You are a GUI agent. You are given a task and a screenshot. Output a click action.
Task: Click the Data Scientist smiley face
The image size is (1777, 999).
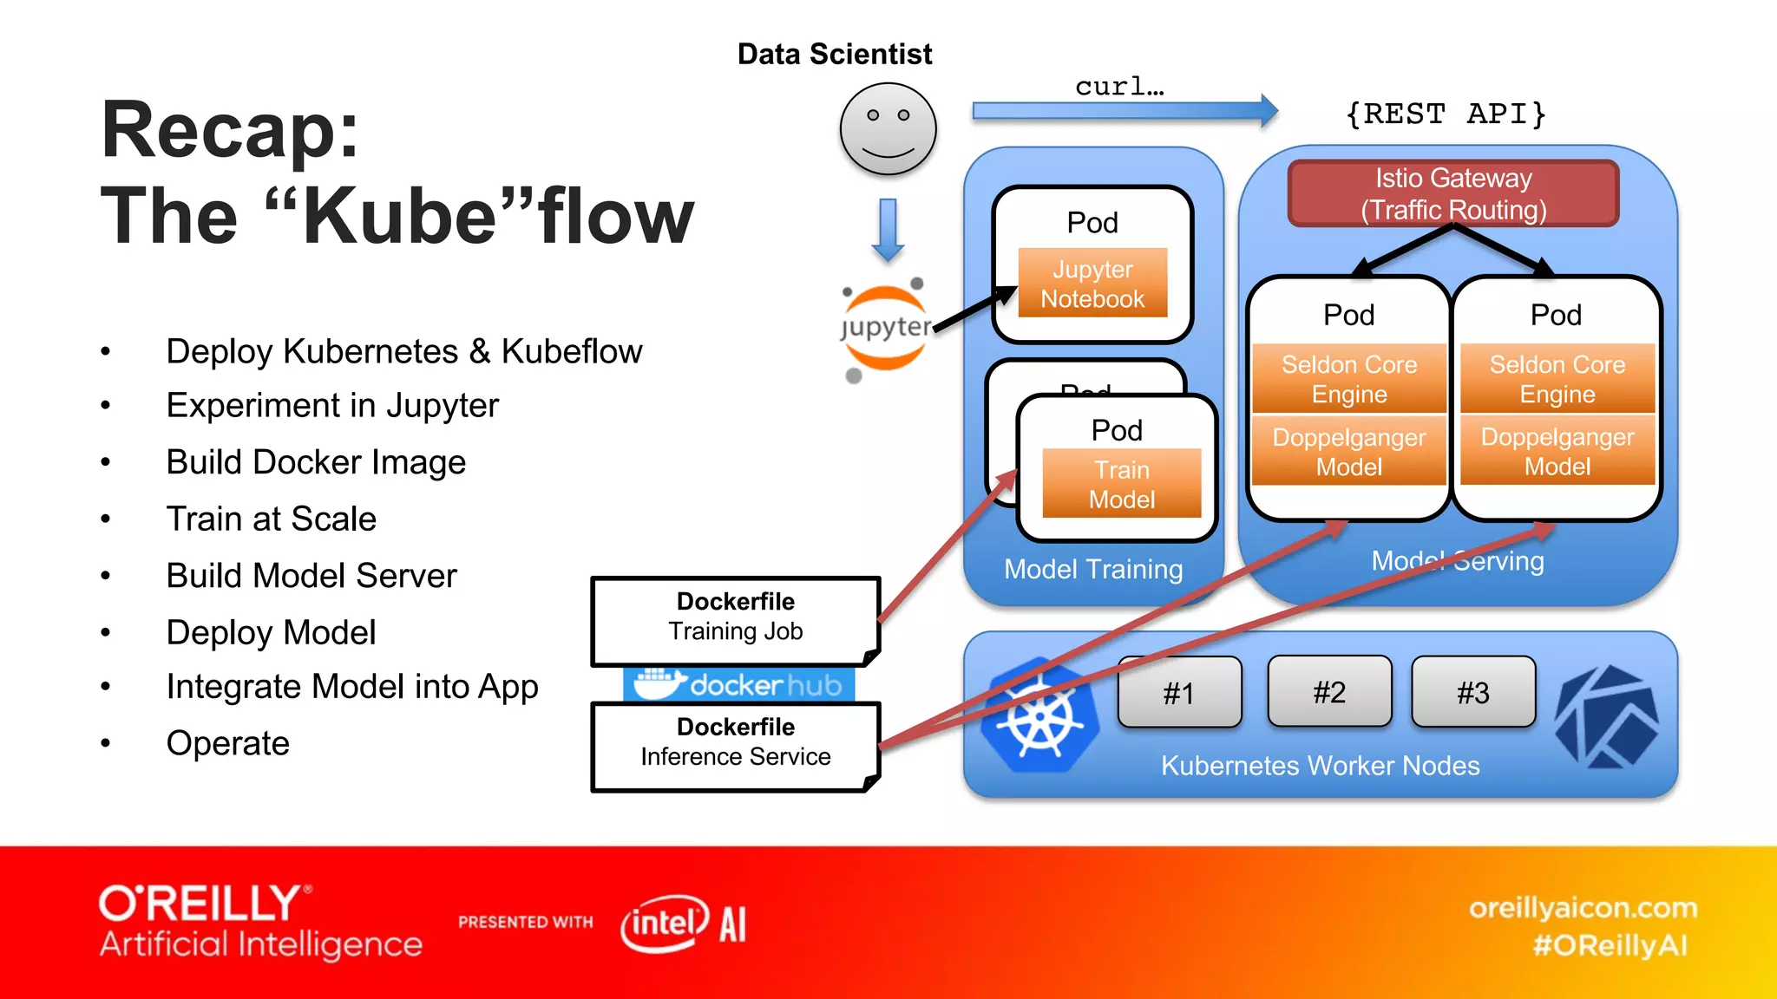pyautogui.click(x=888, y=128)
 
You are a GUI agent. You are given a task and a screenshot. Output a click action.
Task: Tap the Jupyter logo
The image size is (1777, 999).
pyautogui.click(x=885, y=329)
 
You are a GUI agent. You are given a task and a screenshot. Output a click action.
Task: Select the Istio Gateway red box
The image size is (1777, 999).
pyautogui.click(x=1453, y=193)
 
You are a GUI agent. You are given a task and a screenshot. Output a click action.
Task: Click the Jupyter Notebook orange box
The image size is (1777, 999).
pyautogui.click(x=1092, y=284)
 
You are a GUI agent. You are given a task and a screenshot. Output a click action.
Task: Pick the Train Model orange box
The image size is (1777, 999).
pyautogui.click(x=1121, y=484)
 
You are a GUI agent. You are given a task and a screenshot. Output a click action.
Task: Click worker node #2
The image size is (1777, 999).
pyautogui.click(x=1329, y=692)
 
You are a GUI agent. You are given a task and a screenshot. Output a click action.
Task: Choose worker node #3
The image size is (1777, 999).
pyautogui.click(x=1473, y=692)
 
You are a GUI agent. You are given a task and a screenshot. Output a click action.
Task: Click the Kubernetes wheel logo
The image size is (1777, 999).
pyautogui.click(x=1039, y=716)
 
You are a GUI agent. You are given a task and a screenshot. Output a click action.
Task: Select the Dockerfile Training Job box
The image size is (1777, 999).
pyautogui.click(x=735, y=619)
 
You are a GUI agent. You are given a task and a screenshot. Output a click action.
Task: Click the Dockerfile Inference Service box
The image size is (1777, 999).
pyautogui.click(x=735, y=745)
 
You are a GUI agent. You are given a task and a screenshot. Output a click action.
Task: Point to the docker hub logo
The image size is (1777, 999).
pyautogui.click(x=738, y=685)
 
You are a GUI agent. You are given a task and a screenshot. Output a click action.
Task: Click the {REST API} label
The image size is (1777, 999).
pyautogui.click(x=1446, y=114)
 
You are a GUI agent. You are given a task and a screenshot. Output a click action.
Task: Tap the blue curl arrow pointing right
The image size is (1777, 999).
pyautogui.click(x=1125, y=111)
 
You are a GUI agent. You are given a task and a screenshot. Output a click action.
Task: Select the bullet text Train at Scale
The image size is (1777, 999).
pyautogui.click(x=271, y=519)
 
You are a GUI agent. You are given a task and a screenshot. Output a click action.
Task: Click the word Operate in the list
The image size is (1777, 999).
pyautogui.click(x=227, y=743)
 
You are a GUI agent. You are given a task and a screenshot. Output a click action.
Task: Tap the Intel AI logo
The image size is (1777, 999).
pyautogui.click(x=684, y=923)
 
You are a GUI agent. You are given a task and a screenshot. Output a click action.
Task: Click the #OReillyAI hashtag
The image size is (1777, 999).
pyautogui.click(x=1610, y=944)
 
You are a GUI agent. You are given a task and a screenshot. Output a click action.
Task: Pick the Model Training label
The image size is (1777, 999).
pyautogui.click(x=1092, y=569)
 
